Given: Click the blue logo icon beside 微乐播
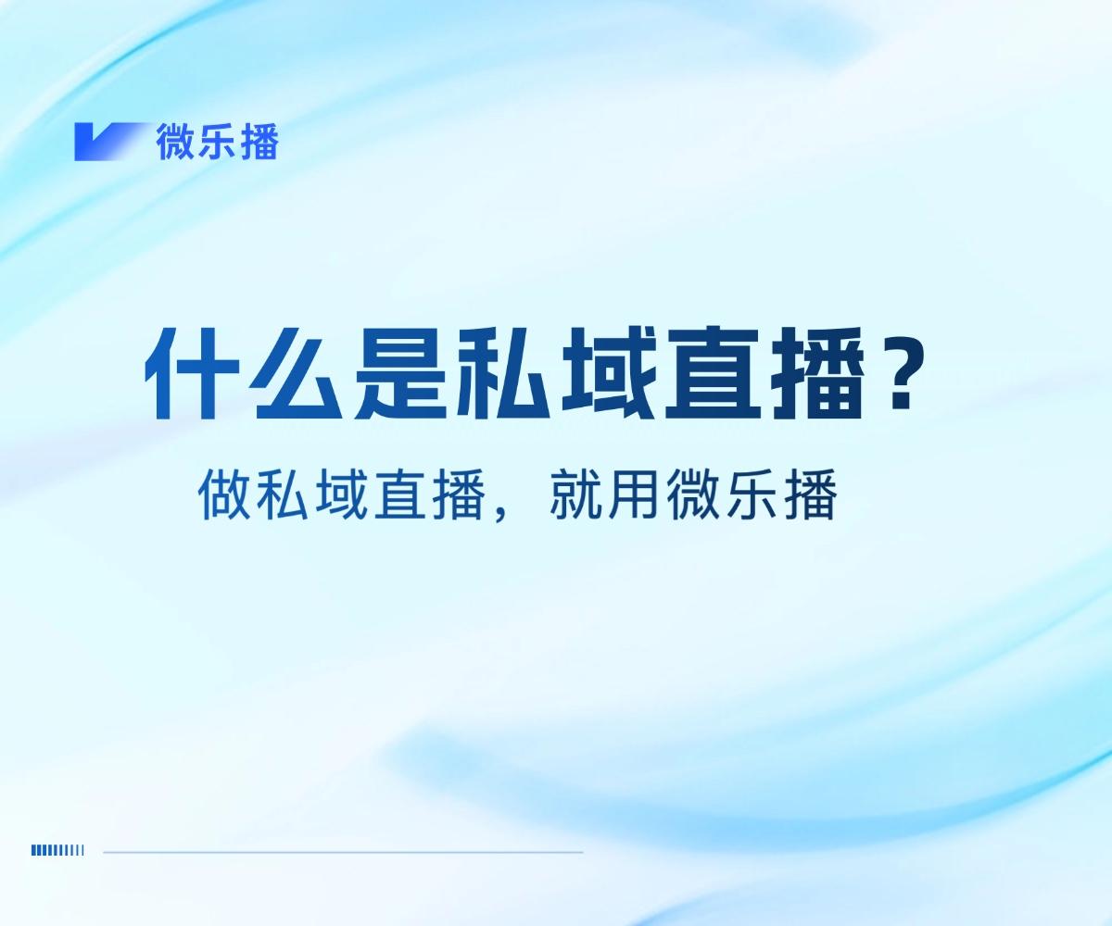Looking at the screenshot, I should (109, 142).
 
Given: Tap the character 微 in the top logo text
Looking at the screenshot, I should (175, 143).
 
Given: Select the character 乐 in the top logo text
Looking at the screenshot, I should (217, 143).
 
